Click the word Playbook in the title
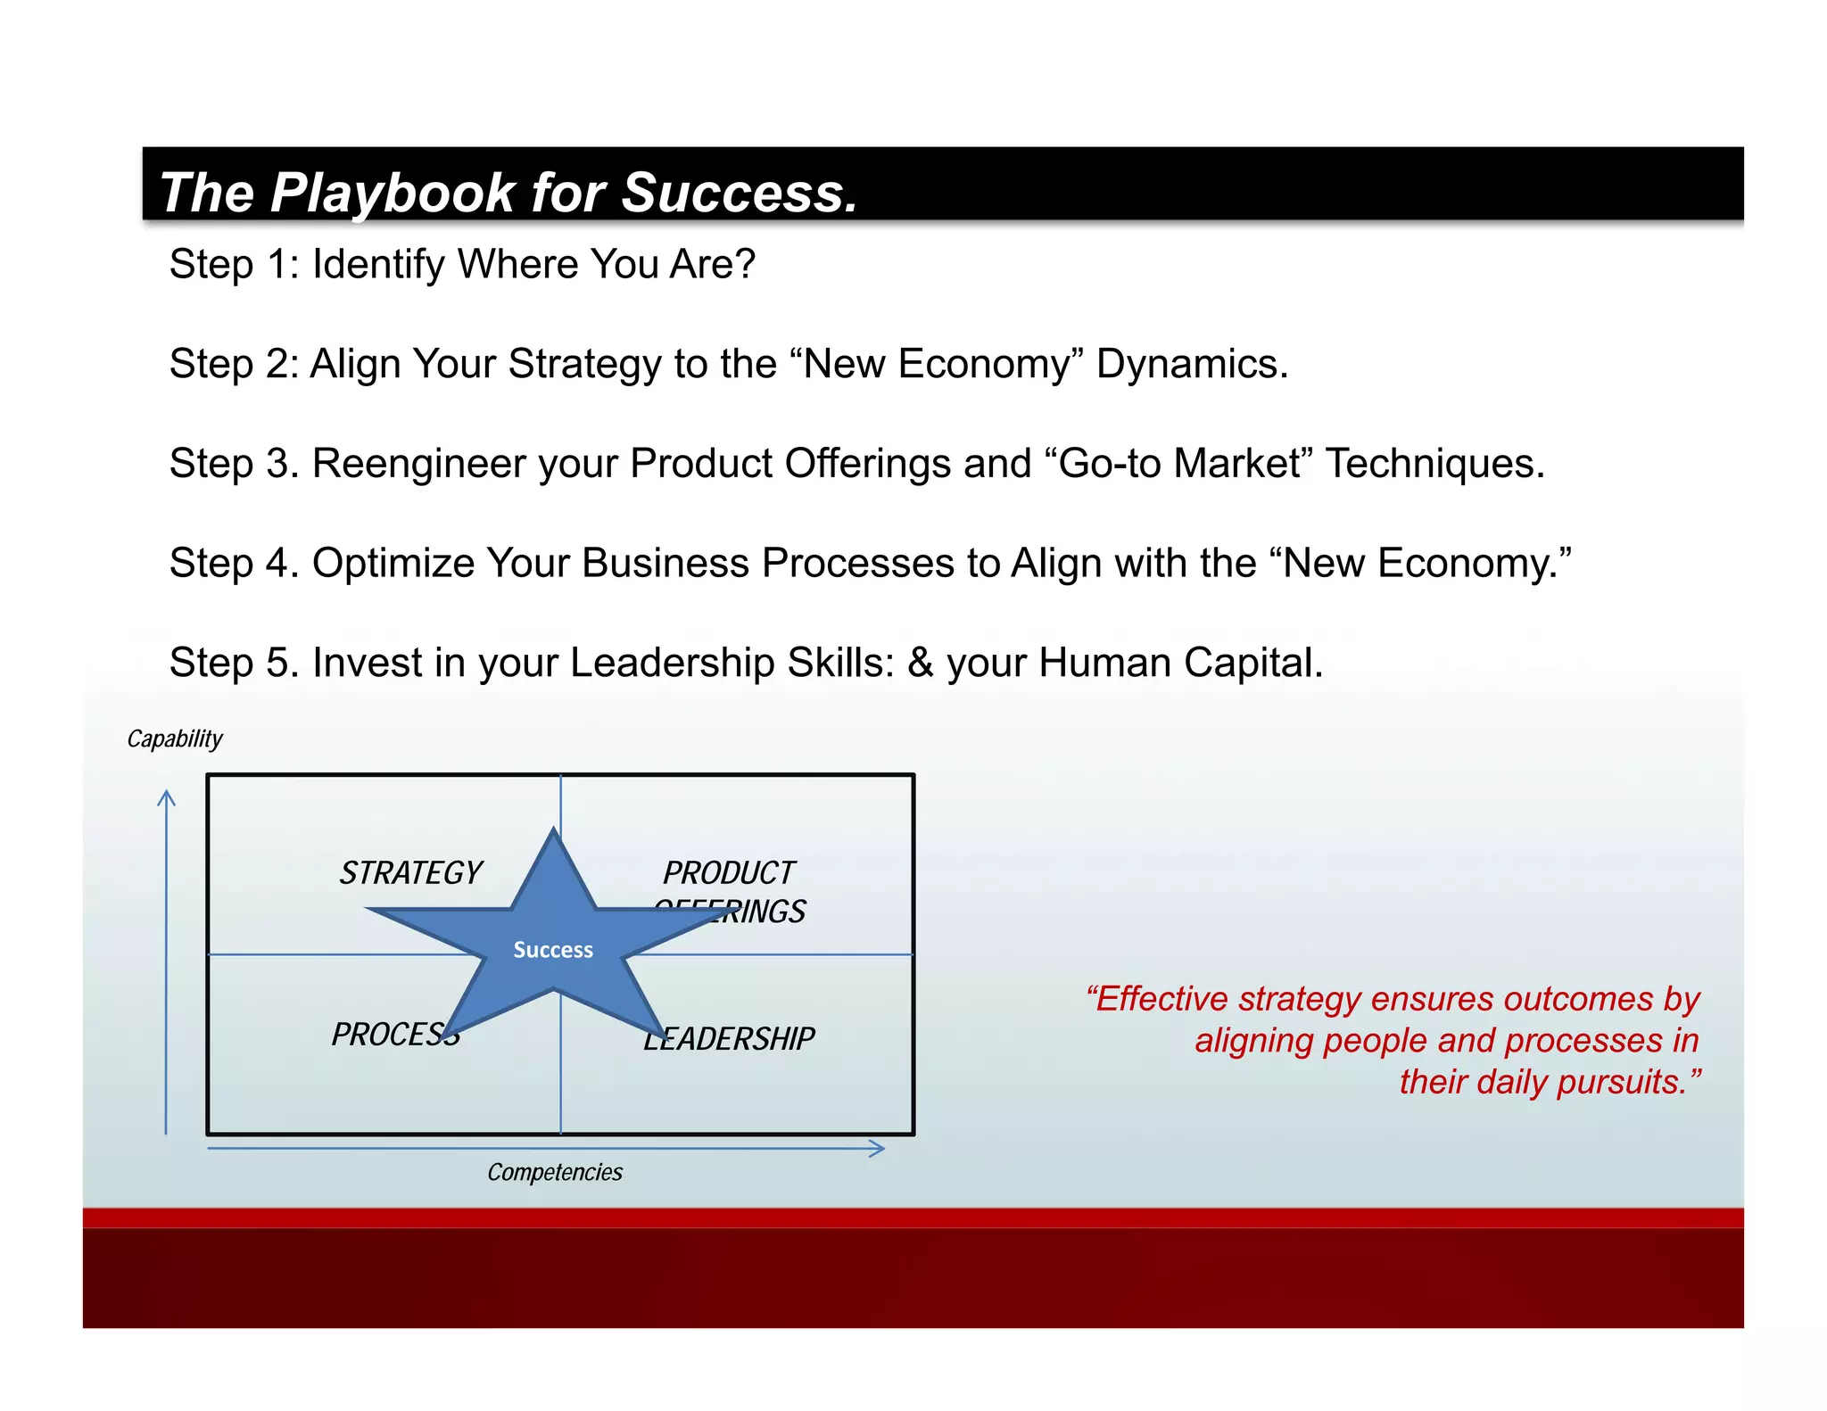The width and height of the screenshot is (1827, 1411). coord(393,193)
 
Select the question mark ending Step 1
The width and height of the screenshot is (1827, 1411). coord(745,264)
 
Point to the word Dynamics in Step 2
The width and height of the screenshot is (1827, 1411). coord(1191,364)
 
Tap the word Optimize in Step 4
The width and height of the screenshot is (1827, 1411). coord(393,564)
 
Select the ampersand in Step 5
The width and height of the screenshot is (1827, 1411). coord(920,663)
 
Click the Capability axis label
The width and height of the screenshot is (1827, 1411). coord(175,739)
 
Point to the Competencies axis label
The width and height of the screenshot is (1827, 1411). coord(554,1172)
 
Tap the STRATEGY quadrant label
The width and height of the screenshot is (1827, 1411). coord(410,872)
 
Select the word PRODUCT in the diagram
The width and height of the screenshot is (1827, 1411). coord(728,872)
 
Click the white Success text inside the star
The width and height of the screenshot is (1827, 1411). coord(553,950)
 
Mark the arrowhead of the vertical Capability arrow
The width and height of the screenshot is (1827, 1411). coord(167,796)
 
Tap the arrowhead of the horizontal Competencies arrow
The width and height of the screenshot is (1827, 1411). coord(878,1149)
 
